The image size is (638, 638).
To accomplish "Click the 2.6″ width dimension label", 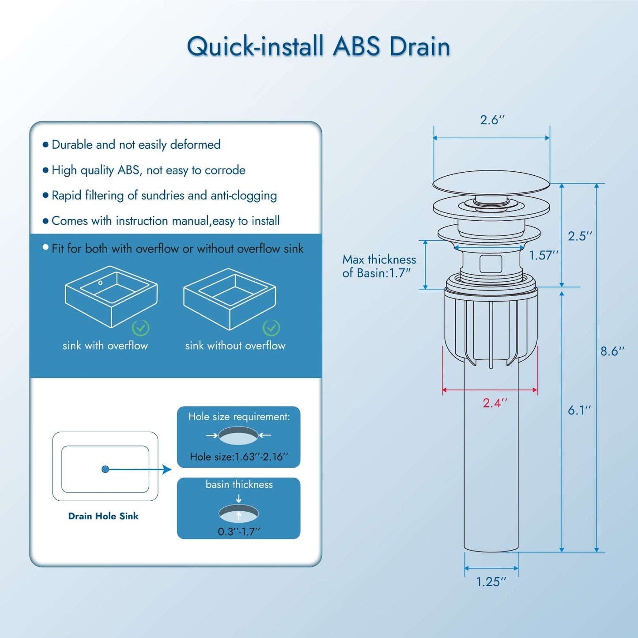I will (x=492, y=120).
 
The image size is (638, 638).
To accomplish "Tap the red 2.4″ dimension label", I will (x=495, y=403).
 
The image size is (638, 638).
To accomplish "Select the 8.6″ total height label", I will (x=612, y=351).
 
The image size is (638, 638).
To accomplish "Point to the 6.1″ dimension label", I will (x=579, y=410).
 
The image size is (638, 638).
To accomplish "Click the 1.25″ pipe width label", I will (x=491, y=582).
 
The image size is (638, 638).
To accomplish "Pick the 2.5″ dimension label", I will (x=580, y=236).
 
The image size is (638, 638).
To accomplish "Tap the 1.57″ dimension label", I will (x=544, y=255).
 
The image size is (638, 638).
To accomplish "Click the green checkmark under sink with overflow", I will (x=141, y=328).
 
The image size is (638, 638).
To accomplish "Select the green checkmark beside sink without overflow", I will (x=271, y=328).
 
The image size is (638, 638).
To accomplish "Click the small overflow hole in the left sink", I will (x=101, y=283).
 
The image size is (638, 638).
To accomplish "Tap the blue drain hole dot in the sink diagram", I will (x=105, y=469).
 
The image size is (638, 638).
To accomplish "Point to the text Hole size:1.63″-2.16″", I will (x=239, y=457).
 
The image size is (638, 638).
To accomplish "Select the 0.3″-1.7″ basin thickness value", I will (x=239, y=532).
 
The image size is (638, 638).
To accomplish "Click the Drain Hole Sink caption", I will (x=103, y=516).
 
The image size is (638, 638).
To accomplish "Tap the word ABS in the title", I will (x=356, y=46).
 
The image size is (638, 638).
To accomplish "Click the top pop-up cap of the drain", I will (x=491, y=182).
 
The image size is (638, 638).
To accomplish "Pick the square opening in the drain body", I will (x=491, y=264).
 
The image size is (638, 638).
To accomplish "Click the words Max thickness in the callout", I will (x=379, y=260).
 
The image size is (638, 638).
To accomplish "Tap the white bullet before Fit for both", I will (x=45, y=247).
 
